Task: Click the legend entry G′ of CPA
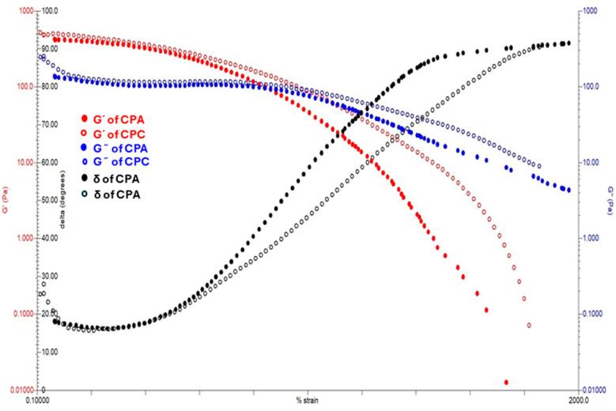115,119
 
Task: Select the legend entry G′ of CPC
115,134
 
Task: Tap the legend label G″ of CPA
115,148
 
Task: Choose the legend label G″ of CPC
115,162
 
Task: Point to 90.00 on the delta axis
50,48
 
